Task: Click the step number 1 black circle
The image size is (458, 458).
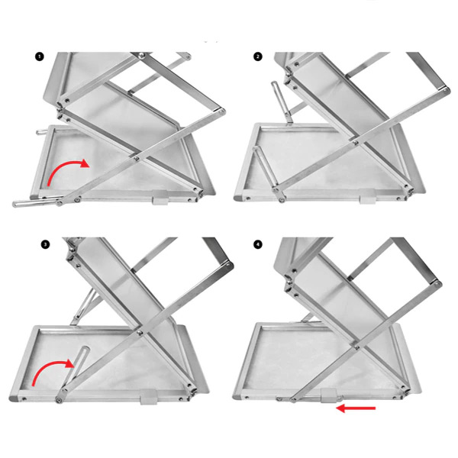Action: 40,56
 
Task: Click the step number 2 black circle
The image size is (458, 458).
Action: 258,56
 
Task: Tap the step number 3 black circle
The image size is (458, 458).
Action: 45,244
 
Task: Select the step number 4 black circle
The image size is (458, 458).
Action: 258,244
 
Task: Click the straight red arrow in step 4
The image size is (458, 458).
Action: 356,408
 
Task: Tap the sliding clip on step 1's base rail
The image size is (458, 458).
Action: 160,198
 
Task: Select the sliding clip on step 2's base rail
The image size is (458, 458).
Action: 367,196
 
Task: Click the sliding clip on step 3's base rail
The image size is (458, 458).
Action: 148,397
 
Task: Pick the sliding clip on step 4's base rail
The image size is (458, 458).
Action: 328,395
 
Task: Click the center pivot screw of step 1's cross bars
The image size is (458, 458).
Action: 137,159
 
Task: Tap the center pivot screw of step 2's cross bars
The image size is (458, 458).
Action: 356,143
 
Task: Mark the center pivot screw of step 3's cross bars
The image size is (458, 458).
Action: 140,332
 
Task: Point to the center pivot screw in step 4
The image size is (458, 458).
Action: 356,347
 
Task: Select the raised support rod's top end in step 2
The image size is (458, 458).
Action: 274,84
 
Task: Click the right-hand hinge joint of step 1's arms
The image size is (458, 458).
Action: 221,111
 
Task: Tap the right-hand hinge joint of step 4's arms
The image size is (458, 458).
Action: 437,284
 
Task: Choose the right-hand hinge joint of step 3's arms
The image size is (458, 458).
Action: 228,264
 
